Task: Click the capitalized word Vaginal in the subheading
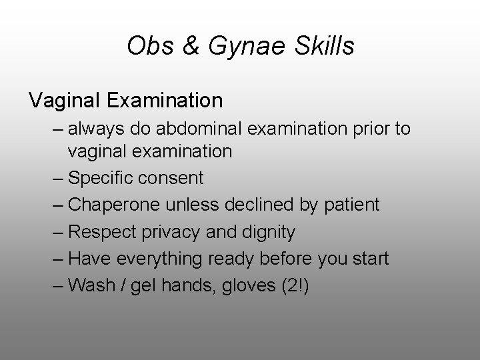pos(63,101)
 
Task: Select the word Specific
pos(103,179)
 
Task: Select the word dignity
pos(269,232)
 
